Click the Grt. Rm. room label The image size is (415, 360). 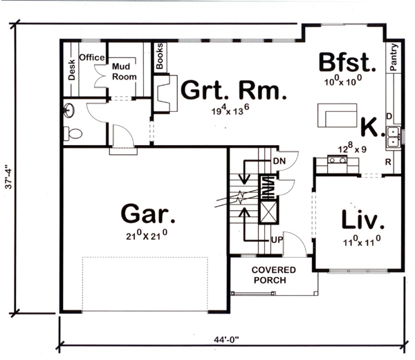234,90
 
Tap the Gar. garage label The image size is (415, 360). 148,214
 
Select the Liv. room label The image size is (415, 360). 362,219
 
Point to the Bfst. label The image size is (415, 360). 347,62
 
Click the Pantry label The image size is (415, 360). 394,57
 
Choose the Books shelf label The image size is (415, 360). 160,56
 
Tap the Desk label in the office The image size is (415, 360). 71,70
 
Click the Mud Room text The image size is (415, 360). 124,71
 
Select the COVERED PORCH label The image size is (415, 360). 273,275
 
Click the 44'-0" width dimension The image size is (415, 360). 226,339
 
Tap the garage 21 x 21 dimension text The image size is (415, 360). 147,235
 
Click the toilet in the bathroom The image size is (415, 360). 73,133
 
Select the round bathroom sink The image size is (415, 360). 68,111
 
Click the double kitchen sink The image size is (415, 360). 393,136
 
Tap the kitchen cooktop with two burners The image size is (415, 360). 338,160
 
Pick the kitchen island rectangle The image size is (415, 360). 338,115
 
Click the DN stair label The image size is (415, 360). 279,161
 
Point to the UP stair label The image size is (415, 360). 277,240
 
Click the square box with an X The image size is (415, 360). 268,211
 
